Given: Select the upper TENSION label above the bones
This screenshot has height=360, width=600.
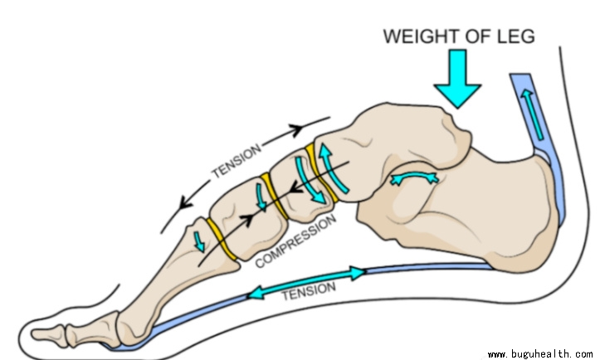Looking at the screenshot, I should click(x=237, y=161).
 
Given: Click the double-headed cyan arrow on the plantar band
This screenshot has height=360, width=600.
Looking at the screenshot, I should click(x=307, y=281).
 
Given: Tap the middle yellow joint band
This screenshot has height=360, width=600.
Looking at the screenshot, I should click(x=275, y=194).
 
